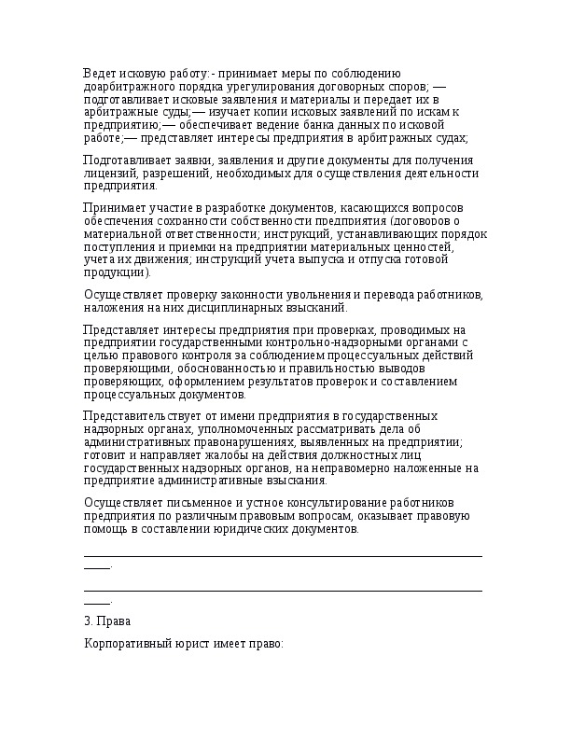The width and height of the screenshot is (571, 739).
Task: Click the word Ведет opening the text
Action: click(x=99, y=73)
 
